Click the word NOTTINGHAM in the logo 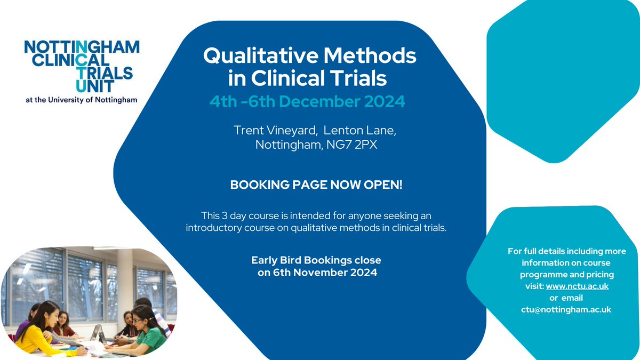[82, 47]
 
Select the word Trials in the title [357, 78]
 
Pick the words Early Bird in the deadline [274, 260]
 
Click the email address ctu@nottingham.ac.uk [566, 309]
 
